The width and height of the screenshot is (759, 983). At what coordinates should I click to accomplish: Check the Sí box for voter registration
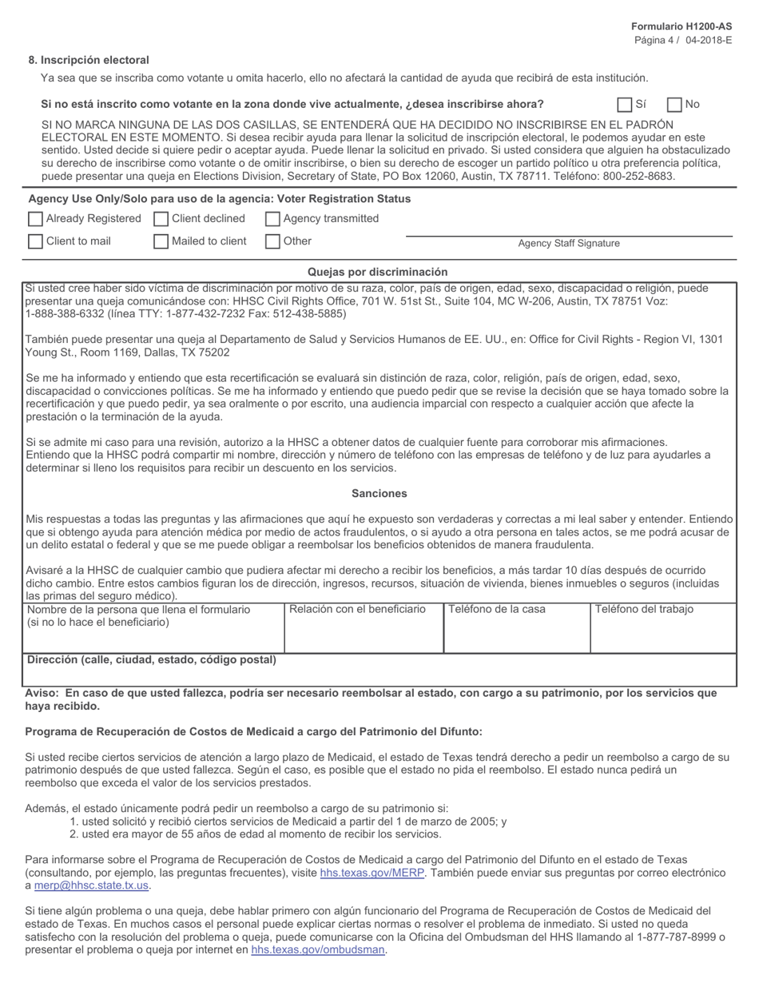pyautogui.click(x=625, y=105)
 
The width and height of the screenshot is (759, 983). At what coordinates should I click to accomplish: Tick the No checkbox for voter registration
pyautogui.click(x=674, y=105)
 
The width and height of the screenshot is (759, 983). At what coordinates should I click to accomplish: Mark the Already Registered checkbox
pyautogui.click(x=35, y=219)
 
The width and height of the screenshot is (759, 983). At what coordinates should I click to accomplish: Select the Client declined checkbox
pyautogui.click(x=161, y=219)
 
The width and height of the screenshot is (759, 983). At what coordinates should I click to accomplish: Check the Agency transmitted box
pyautogui.click(x=272, y=219)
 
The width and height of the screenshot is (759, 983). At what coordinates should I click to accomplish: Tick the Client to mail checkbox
pyautogui.click(x=35, y=241)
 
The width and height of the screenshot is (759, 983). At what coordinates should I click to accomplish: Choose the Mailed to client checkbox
pyautogui.click(x=161, y=241)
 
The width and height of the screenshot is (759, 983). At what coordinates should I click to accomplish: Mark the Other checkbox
pyautogui.click(x=272, y=241)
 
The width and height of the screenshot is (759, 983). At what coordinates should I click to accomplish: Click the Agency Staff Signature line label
pyautogui.click(x=568, y=244)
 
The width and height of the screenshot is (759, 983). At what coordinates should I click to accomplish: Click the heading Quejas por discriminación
pyautogui.click(x=377, y=272)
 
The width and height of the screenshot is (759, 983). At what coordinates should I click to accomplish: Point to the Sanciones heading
pyautogui.click(x=379, y=494)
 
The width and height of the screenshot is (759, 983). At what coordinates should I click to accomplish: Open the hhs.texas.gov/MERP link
pyautogui.click(x=372, y=873)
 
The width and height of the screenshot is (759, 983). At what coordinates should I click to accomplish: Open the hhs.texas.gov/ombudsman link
pyautogui.click(x=317, y=949)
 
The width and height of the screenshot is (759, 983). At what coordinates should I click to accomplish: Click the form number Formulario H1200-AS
pyautogui.click(x=681, y=27)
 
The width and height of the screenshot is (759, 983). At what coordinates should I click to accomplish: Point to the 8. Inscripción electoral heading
pyautogui.click(x=88, y=60)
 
